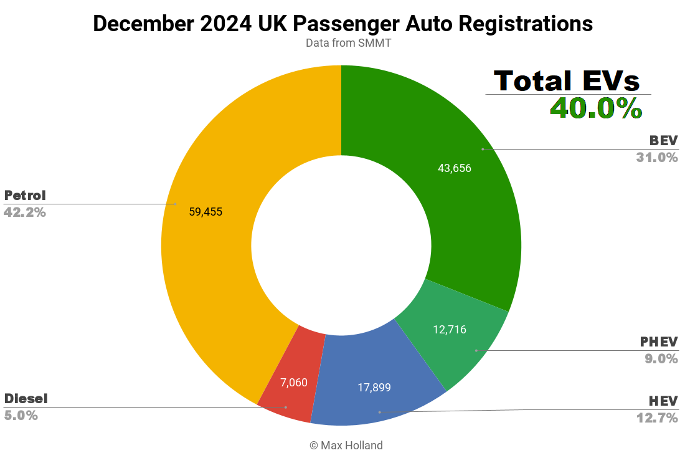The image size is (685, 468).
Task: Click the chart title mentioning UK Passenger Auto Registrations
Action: [342, 24]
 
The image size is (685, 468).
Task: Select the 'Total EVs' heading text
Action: [567, 81]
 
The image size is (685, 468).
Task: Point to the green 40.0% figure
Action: [596, 108]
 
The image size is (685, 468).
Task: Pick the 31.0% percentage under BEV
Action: [656, 158]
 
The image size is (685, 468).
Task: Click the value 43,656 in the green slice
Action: [455, 168]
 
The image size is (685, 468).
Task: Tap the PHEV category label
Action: [659, 342]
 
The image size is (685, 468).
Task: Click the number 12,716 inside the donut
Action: [450, 330]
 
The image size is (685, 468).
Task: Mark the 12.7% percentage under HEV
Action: [656, 418]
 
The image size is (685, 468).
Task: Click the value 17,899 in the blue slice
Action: [374, 388]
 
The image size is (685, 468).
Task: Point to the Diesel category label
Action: [26, 398]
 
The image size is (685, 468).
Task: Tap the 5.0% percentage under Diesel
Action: [21, 415]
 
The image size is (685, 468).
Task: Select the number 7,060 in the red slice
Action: [294, 382]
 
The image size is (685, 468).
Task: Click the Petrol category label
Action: [25, 195]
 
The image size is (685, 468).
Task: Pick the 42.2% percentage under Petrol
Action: [25, 212]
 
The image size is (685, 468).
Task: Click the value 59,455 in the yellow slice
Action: [205, 212]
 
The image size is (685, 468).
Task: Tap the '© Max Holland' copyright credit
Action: [346, 445]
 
